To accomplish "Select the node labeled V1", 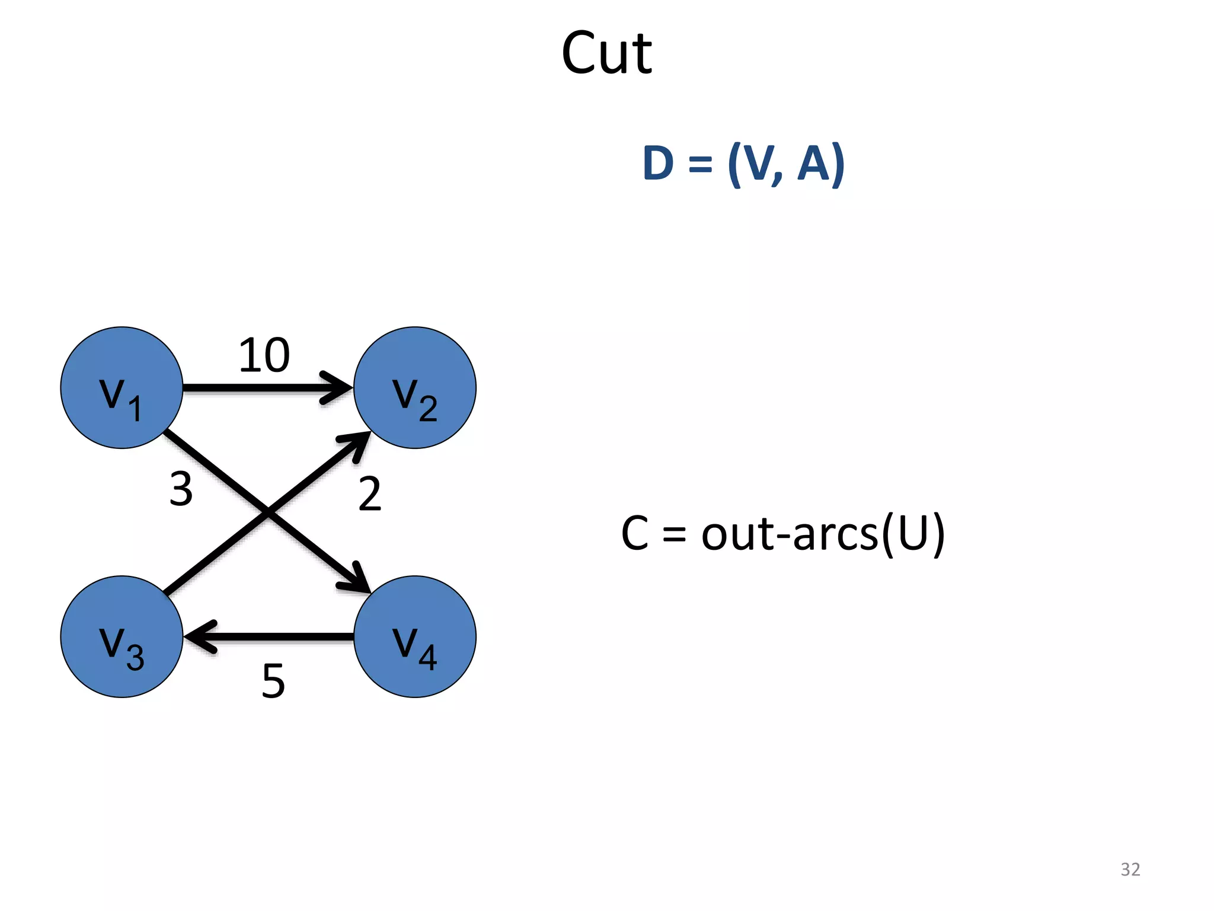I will click(122, 388).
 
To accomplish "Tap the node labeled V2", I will click(415, 388).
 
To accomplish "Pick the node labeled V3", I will click(122, 636).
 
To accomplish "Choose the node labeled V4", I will click(415, 636).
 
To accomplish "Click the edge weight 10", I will click(264, 356).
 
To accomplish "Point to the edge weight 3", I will click(181, 489).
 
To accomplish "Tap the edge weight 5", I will click(273, 681).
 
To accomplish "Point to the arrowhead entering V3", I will click(199, 637).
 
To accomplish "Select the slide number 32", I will click(1130, 869).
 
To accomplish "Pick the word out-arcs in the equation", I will click(790, 533).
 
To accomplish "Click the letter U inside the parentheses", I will click(913, 533).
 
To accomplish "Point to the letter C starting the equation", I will click(635, 533).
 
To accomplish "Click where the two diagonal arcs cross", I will click(268, 512).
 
